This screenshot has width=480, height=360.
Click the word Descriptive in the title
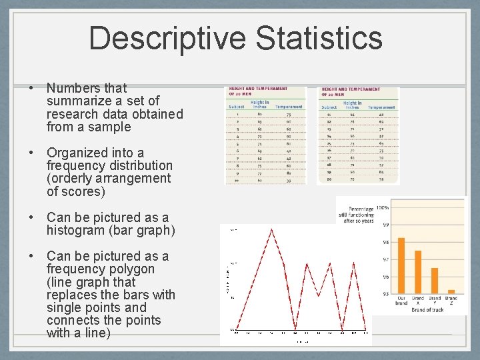pos(167,38)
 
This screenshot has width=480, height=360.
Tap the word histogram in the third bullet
pos(79,231)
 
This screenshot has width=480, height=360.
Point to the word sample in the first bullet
pos(110,127)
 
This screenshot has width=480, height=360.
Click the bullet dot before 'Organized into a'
pos(31,153)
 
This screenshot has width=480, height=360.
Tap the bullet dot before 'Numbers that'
pos(31,88)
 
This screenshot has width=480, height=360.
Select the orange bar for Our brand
pos(401,265)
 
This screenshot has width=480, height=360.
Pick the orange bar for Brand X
pos(418,272)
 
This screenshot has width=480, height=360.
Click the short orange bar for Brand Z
pos(451,291)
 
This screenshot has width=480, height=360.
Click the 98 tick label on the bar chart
pos(386,242)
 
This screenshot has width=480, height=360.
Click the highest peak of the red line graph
pos(272,229)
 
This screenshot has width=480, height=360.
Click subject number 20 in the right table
pos(329,179)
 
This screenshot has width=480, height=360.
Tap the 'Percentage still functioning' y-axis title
pos(359,215)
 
